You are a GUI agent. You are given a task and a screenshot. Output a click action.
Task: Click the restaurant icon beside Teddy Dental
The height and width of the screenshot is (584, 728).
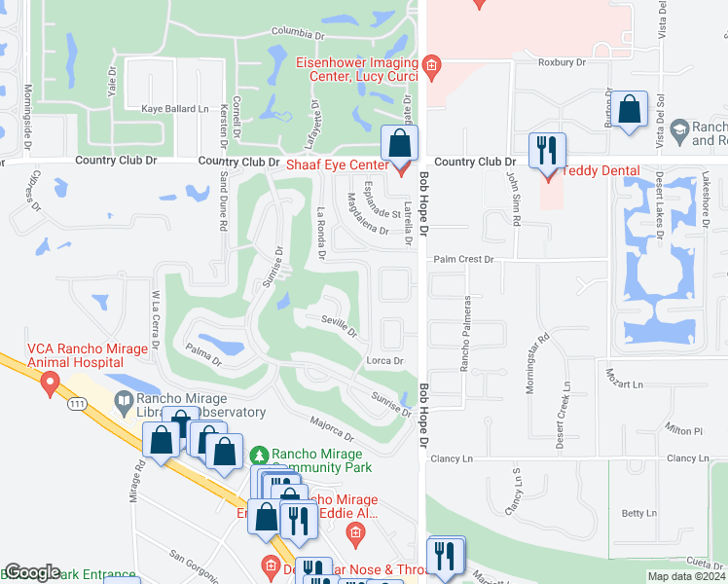(545, 152)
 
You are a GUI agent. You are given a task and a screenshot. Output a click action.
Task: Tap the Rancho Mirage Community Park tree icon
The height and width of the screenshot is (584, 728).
(259, 455)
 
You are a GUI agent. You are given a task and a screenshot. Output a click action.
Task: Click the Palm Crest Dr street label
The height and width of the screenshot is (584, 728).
(464, 260)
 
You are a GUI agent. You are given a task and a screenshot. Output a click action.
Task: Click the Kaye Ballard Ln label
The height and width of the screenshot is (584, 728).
(175, 108)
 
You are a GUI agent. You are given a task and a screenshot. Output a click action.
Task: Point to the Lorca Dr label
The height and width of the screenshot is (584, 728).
(384, 361)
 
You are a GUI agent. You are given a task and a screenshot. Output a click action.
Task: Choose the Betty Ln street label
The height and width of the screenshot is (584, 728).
(638, 513)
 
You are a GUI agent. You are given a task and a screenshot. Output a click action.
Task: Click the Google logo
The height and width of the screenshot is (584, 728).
(32, 572)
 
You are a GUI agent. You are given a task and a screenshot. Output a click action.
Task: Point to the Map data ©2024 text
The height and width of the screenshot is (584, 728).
(685, 576)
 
